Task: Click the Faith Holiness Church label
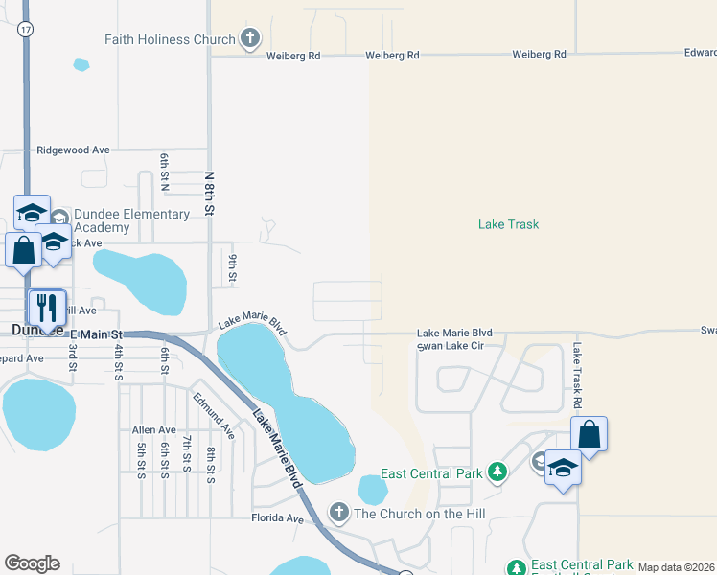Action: [x=171, y=39]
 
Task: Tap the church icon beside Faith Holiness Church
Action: [x=249, y=39]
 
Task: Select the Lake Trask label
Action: [x=508, y=224]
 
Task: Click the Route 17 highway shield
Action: [x=25, y=30]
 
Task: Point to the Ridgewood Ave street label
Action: [x=73, y=150]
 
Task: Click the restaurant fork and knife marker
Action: [x=47, y=308]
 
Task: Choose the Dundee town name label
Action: [x=36, y=330]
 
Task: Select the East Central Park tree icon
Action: [x=497, y=472]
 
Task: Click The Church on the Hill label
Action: [x=420, y=514]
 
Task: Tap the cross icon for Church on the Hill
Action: [x=338, y=513]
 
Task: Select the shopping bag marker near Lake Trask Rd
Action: [x=590, y=434]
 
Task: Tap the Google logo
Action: [x=32, y=563]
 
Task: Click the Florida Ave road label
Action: [x=277, y=518]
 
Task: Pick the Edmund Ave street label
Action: [x=213, y=414]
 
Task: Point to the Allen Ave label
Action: [x=154, y=430]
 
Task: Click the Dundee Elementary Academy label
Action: [x=131, y=220]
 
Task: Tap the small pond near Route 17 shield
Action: [x=81, y=65]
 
